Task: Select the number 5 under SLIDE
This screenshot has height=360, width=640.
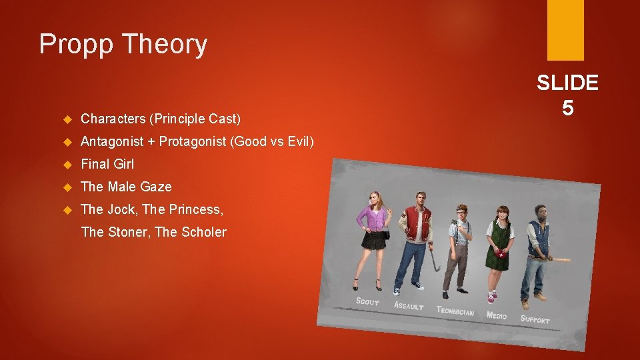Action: [x=567, y=107]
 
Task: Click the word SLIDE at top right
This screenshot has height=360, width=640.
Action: [x=567, y=83]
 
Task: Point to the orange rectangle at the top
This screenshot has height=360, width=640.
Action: [x=565, y=29]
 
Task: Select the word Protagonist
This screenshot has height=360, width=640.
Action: [x=192, y=141]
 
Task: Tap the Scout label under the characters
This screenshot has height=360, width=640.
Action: [x=368, y=301]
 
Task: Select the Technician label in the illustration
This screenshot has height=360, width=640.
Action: [x=455, y=311]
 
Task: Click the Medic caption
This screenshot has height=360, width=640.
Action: [x=497, y=315]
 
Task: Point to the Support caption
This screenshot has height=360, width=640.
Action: [x=535, y=319]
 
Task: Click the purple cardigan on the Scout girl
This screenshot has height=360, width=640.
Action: [x=372, y=218]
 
